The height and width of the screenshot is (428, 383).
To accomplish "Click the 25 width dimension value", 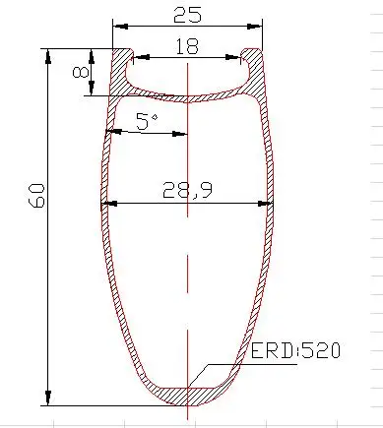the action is point(187,15).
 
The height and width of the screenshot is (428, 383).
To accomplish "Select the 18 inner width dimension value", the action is point(187,46).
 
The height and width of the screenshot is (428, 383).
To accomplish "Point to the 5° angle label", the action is point(147,121).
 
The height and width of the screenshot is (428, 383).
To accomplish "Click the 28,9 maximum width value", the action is point(187,190).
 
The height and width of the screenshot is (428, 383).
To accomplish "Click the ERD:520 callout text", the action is point(295,350).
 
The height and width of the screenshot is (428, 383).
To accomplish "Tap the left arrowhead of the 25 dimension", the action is point(120,27).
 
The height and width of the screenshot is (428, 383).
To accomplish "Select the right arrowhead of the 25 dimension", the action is point(255,27).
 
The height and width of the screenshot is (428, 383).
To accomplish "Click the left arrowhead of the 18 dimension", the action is point(142,57).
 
